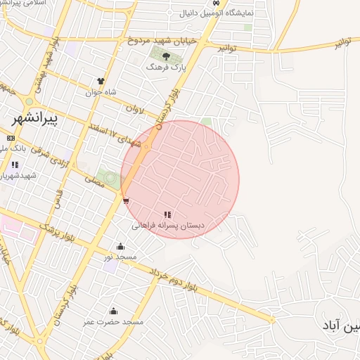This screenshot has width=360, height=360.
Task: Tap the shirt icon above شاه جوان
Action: (101, 82)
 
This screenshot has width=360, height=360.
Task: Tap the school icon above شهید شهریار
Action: (15, 165)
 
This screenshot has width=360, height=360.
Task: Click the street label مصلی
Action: (94, 181)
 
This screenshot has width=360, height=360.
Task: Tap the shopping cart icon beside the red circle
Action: (125, 201)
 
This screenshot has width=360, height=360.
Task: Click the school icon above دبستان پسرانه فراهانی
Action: (167, 214)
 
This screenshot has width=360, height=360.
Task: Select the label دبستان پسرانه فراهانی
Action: (169, 226)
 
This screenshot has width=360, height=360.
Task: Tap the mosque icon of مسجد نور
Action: (120, 247)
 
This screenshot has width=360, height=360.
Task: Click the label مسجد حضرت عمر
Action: (114, 321)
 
